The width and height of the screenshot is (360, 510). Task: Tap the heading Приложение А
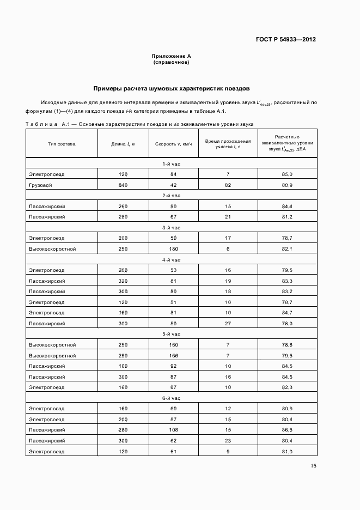[171, 56]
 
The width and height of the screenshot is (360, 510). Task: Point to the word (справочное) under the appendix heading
[171, 62]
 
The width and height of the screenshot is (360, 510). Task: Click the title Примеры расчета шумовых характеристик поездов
[171, 88]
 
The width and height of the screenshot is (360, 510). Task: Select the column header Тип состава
[62, 144]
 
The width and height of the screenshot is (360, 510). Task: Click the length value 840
[123, 185]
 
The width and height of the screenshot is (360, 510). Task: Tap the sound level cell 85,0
[287, 174]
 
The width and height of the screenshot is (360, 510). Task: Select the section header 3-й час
[171, 228]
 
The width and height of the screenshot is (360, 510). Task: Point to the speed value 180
[174, 249]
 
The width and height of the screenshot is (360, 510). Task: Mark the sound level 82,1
[287, 249]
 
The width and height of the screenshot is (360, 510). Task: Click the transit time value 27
[228, 323]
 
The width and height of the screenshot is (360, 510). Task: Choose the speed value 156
[174, 355]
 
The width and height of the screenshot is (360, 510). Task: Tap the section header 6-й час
[171, 398]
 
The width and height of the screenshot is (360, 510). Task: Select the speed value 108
[174, 430]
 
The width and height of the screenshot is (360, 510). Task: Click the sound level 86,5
[287, 430]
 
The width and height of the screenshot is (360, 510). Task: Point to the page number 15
[313, 466]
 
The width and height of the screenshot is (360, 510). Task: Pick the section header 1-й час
[171, 164]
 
